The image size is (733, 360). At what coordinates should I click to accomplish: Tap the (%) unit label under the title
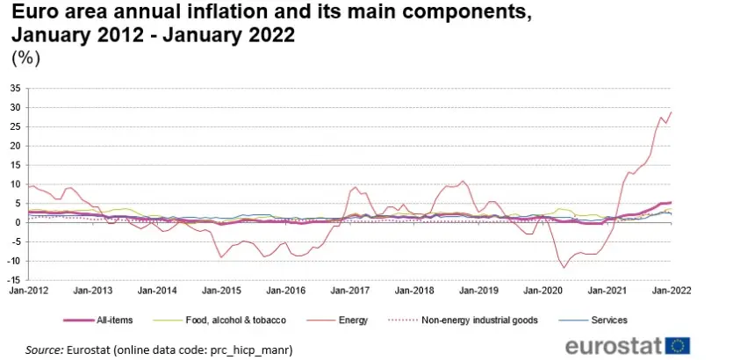25,59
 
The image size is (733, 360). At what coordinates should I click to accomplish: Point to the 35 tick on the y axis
18,88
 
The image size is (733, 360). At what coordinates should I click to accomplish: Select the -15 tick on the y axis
17,280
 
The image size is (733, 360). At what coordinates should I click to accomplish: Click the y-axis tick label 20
18,146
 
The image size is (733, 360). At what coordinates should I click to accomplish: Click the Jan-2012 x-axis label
28,291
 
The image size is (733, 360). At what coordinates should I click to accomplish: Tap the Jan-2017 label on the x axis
349,291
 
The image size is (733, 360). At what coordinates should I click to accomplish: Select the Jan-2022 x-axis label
672,291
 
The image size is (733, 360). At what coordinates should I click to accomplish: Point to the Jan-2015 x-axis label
221,291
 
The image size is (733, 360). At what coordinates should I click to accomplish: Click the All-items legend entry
98,320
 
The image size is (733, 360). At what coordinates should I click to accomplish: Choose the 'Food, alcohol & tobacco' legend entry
219,320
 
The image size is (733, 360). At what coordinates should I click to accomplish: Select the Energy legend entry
337,320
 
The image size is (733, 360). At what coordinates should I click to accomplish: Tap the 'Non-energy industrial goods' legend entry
464,320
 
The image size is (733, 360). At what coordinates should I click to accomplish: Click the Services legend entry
593,320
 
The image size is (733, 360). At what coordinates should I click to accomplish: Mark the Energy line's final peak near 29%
671,112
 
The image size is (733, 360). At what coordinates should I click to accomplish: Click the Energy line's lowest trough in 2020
564,268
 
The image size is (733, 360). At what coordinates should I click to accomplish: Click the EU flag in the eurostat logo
678,347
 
